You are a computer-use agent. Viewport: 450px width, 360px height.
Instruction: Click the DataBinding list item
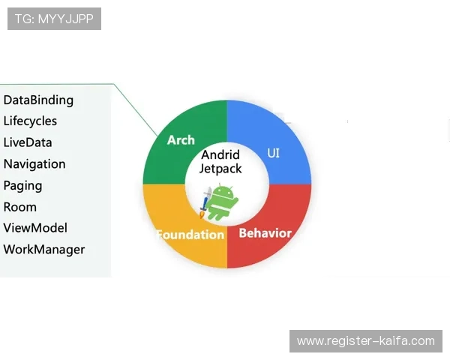click(x=38, y=100)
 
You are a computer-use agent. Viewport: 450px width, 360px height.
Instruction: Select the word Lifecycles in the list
click(x=30, y=121)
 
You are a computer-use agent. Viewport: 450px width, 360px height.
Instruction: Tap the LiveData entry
click(x=28, y=142)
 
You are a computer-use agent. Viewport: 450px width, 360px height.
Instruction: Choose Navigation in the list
click(x=34, y=163)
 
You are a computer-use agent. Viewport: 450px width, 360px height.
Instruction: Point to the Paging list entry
click(x=22, y=185)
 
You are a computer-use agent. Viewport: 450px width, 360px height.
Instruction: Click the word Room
click(x=20, y=207)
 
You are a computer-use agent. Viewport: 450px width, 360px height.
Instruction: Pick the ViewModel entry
click(x=35, y=228)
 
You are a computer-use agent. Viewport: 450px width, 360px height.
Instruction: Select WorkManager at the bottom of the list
click(x=44, y=250)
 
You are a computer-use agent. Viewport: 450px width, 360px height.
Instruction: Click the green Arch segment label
click(x=181, y=140)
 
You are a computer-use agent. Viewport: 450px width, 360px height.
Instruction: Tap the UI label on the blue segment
click(x=274, y=153)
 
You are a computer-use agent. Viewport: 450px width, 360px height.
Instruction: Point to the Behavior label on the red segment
click(x=265, y=232)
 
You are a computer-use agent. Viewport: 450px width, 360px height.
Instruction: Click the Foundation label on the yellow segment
click(x=190, y=234)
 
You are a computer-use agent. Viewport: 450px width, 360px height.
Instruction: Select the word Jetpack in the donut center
click(x=220, y=169)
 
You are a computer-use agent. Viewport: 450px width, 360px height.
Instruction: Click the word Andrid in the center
click(x=220, y=155)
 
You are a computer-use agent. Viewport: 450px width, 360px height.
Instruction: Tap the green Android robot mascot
click(x=222, y=202)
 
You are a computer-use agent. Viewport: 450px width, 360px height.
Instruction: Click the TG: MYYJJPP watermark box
click(x=54, y=19)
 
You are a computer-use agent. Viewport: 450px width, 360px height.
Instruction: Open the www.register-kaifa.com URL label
click(x=365, y=341)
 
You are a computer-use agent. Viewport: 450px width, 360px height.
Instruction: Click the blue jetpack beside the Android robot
click(x=205, y=201)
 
